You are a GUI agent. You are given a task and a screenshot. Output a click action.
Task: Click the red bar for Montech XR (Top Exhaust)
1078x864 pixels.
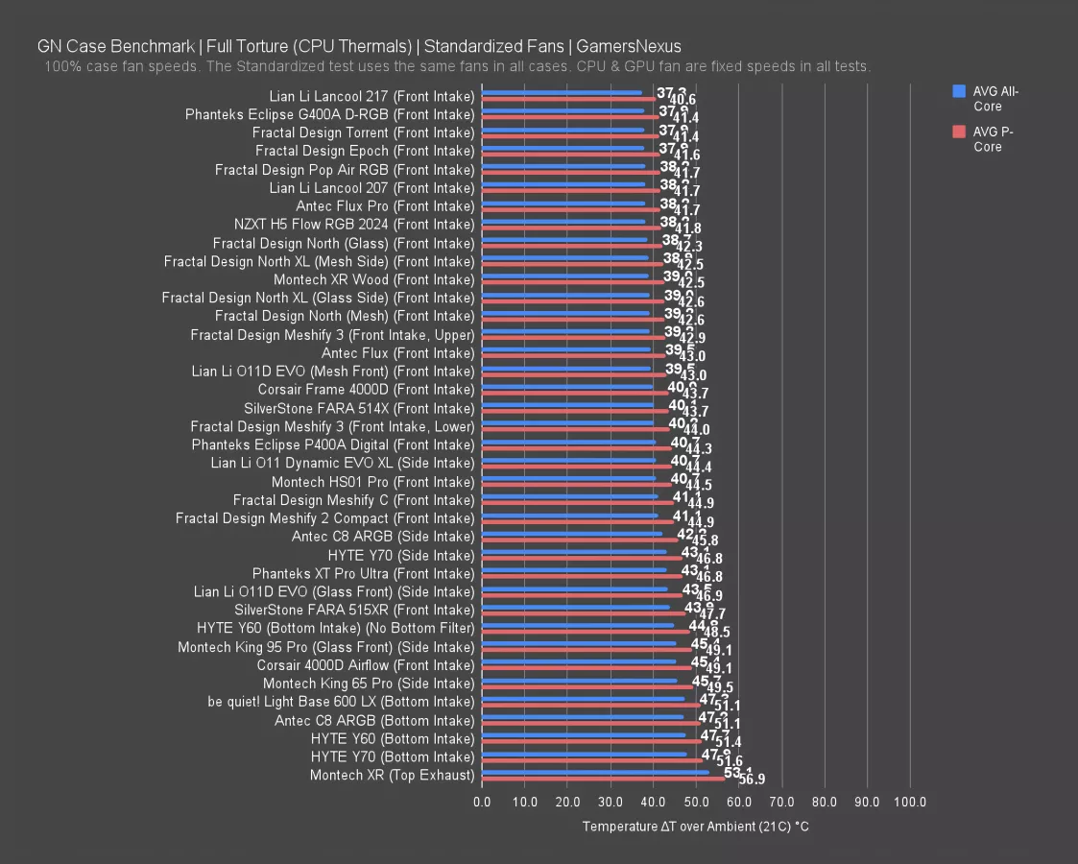tap(603, 779)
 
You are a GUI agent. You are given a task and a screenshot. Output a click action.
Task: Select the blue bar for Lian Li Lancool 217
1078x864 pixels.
tap(562, 93)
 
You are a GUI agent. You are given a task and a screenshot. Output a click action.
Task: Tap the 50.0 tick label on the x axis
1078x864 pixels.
tap(696, 802)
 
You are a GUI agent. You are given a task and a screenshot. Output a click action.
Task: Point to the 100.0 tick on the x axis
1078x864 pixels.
tap(910, 802)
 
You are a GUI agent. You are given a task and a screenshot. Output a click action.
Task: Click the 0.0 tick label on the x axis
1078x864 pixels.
tap(482, 802)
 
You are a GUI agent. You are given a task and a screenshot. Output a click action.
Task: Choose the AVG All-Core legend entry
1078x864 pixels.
tap(994, 99)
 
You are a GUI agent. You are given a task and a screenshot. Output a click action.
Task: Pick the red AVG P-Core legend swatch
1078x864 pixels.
tap(958, 132)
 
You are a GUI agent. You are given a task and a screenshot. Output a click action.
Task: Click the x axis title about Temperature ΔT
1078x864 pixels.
tap(695, 827)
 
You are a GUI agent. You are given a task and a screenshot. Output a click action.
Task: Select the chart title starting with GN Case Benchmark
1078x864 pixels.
tap(359, 46)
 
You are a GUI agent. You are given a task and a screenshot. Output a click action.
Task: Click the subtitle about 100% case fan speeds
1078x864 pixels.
tap(457, 66)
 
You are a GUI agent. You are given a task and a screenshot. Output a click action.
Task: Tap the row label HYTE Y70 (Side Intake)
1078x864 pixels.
tap(400, 555)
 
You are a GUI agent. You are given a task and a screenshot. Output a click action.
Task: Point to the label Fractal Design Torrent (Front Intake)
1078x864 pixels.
tap(363, 132)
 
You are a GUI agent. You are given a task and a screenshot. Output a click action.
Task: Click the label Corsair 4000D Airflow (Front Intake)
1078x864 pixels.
tap(365, 665)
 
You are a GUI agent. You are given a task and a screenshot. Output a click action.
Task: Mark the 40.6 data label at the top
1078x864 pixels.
tap(683, 100)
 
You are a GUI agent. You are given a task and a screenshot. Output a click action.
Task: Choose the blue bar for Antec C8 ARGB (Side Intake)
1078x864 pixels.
tap(571, 534)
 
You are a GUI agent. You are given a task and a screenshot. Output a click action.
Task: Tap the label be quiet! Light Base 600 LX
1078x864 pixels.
tap(341, 702)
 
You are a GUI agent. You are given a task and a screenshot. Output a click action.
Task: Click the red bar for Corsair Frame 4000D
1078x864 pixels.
tap(575, 393)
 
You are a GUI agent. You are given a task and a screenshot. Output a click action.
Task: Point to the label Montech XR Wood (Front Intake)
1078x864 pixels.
tap(373, 279)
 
